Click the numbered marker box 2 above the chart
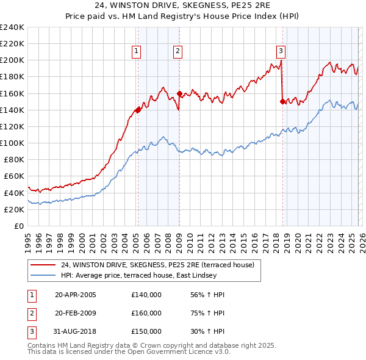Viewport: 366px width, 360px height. [178, 51]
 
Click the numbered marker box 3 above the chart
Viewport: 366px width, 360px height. [281, 51]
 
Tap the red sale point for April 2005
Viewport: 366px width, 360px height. [138, 110]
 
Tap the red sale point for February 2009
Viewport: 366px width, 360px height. [179, 93]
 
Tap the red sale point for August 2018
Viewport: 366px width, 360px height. [282, 102]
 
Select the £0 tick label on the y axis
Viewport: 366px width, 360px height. [18, 226]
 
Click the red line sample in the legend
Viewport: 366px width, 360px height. [43, 264]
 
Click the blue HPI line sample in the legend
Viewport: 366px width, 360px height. [43, 275]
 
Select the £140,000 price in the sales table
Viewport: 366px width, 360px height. [146, 295]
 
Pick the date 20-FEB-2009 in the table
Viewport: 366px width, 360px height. [75, 313]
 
